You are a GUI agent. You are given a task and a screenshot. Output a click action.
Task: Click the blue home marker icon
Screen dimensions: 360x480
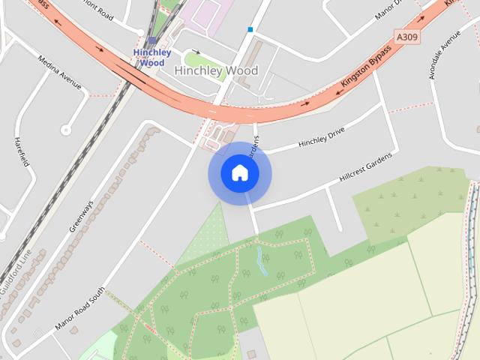coord(239,173)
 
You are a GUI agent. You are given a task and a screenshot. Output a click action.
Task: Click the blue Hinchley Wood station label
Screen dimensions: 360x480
coord(152,58)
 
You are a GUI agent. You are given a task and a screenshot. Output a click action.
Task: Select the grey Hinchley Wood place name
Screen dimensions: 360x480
coord(216,70)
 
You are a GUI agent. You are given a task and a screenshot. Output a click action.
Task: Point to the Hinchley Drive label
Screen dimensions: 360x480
coord(321,135)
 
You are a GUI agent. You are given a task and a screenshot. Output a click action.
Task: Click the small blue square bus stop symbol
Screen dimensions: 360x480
coord(250,30)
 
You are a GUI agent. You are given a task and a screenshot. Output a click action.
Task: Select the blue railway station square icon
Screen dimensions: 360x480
coord(152,40)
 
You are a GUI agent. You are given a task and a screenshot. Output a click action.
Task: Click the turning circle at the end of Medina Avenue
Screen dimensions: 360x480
coord(66,129)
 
